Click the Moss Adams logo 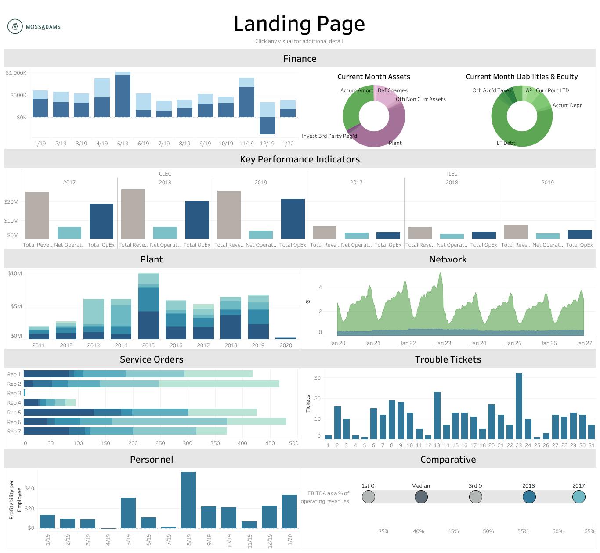[x=34, y=26]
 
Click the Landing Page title [x=299, y=24]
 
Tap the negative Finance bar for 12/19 [x=267, y=126]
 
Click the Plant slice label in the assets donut [x=395, y=143]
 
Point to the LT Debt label [x=506, y=143]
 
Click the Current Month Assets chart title [x=373, y=76]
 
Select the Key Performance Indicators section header [x=300, y=159]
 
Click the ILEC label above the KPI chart [x=452, y=174]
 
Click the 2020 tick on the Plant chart [x=286, y=345]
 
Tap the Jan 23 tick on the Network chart [x=443, y=343]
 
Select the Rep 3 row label [x=14, y=393]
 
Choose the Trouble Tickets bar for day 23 [x=519, y=406]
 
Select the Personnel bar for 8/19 [x=188, y=500]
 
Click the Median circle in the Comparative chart [x=421, y=497]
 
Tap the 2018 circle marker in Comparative [x=529, y=497]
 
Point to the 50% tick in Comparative [x=488, y=531]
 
